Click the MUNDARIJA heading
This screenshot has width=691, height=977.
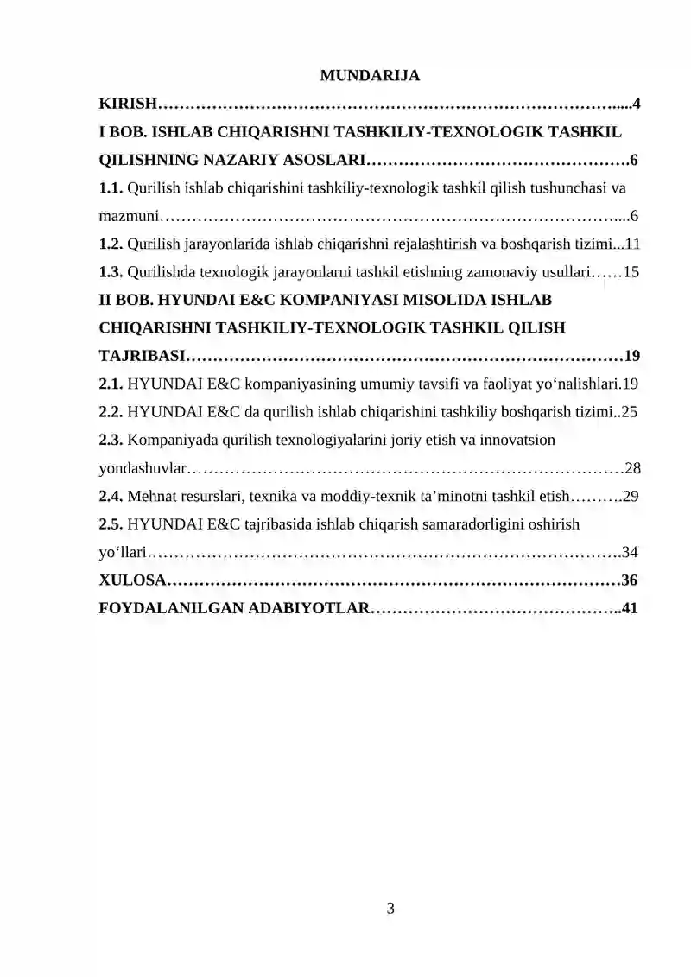[x=370, y=76]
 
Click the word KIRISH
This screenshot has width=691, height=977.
[x=127, y=105]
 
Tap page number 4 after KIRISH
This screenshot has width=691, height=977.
[x=636, y=105]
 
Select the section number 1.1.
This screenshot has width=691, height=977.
[x=111, y=187]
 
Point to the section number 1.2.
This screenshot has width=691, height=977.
[x=111, y=244]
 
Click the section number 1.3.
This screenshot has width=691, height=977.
[x=111, y=272]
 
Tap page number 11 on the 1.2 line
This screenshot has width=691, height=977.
[x=631, y=244]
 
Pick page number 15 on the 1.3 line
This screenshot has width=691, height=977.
[x=631, y=272]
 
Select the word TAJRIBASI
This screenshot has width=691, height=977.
[x=142, y=356]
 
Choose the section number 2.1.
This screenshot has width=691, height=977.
[x=111, y=384]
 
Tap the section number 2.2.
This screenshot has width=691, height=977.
[x=111, y=412]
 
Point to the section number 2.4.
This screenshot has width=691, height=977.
[x=111, y=497]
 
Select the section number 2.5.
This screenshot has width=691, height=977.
[x=111, y=524]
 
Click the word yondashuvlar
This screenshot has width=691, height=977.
[x=142, y=469]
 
